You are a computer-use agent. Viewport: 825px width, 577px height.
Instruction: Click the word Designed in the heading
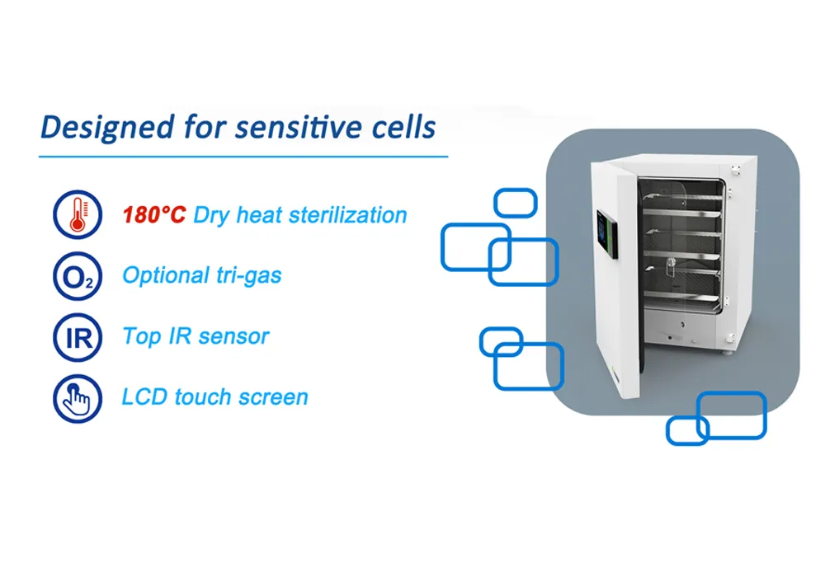tap(107, 127)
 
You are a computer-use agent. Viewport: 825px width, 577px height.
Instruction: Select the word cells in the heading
tap(403, 127)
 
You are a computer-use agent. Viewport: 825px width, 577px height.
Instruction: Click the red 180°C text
tap(154, 215)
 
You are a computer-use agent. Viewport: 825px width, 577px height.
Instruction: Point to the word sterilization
tap(348, 215)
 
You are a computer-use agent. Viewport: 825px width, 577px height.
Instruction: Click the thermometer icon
tap(78, 214)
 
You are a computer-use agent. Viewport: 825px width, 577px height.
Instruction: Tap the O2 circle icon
tap(78, 276)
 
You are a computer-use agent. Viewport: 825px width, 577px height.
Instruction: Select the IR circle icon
tap(78, 337)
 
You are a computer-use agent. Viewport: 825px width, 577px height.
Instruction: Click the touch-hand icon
tap(78, 398)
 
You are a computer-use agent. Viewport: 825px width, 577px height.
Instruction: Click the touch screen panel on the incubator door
tap(607, 233)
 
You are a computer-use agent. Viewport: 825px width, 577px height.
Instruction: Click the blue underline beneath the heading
tap(243, 157)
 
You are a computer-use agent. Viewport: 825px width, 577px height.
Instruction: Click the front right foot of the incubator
tap(727, 353)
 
